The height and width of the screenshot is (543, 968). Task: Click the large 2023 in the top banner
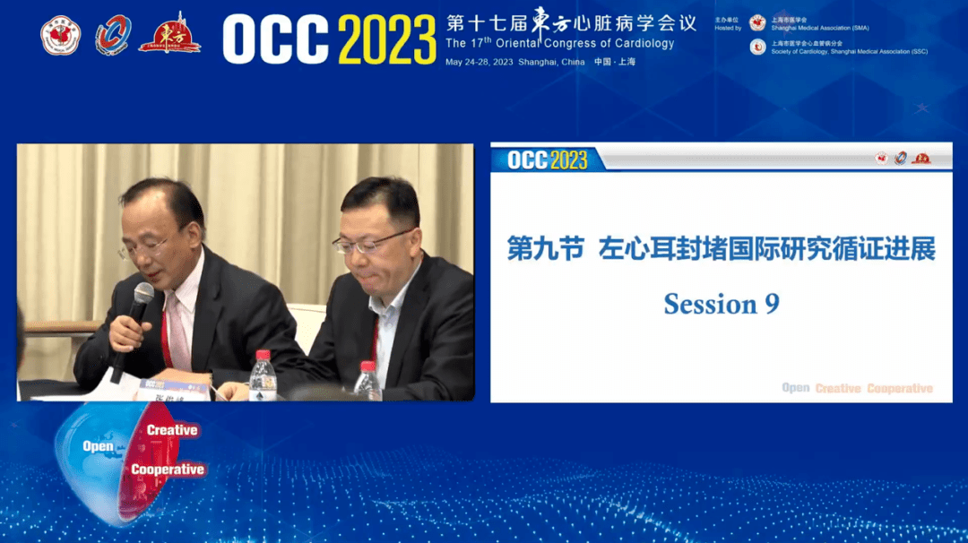pos(388,39)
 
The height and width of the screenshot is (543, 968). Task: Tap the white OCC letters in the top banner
pos(276,39)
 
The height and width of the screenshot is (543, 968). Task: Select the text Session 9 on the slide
pos(722,304)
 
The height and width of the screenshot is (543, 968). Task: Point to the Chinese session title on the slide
pos(722,249)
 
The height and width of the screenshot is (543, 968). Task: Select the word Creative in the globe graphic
pos(172,430)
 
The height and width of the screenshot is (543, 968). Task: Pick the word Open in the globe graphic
pos(98,446)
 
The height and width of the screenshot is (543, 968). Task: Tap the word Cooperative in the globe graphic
pos(168,470)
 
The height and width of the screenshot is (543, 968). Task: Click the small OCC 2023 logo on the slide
pos(548,160)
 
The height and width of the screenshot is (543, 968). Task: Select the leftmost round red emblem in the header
pos(61,37)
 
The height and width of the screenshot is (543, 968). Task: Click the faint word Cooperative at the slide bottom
pos(899,389)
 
